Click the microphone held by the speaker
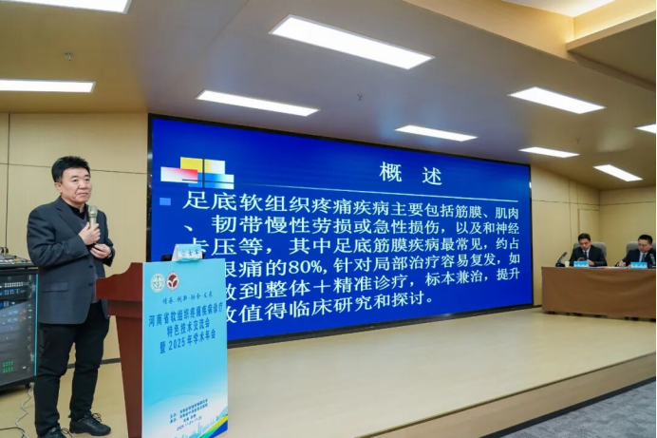pyautogui.click(x=92, y=216)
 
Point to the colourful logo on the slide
pyautogui.click(x=197, y=173)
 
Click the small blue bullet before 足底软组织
pyautogui.click(x=165, y=201)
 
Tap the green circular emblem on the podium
pyautogui.click(x=158, y=282)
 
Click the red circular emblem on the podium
pyautogui.click(x=173, y=281)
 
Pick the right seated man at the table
pyautogui.click(x=644, y=251)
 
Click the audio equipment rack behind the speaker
pyautogui.click(x=17, y=323)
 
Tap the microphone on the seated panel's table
pyautogui.click(x=562, y=257)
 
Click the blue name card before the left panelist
pyautogui.click(x=580, y=263)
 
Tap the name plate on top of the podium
pyautogui.click(x=187, y=252)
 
